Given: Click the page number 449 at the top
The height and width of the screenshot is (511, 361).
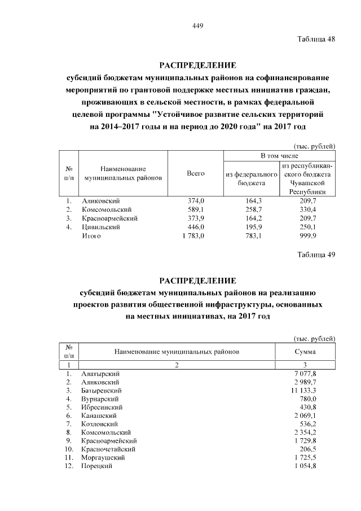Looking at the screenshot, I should pos(197,26).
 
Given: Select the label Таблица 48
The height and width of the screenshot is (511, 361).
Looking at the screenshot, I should pos(316,39).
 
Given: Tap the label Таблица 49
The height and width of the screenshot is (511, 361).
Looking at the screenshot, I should pos(316,254).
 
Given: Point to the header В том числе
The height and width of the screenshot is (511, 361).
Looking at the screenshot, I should pos(279,155).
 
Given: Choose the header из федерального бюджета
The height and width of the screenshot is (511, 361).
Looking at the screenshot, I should pos(252,178).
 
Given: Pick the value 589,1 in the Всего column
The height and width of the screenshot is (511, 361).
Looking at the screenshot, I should pos(196,209).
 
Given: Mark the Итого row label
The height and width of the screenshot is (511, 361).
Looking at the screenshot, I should pos(91,236).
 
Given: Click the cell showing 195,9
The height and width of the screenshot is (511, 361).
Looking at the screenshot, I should pos(252,227).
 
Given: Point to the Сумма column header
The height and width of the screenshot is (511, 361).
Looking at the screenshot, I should pos(305,351).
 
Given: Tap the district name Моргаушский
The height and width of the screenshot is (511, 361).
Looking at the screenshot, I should pos(104,458).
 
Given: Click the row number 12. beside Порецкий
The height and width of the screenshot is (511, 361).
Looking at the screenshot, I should pos(68,466).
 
